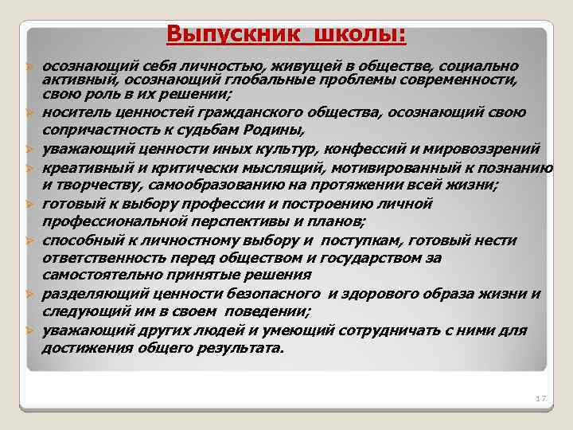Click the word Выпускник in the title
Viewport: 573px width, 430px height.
(226, 36)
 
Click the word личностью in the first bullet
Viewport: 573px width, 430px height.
(181, 65)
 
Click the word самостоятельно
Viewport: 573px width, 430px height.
(96, 276)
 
